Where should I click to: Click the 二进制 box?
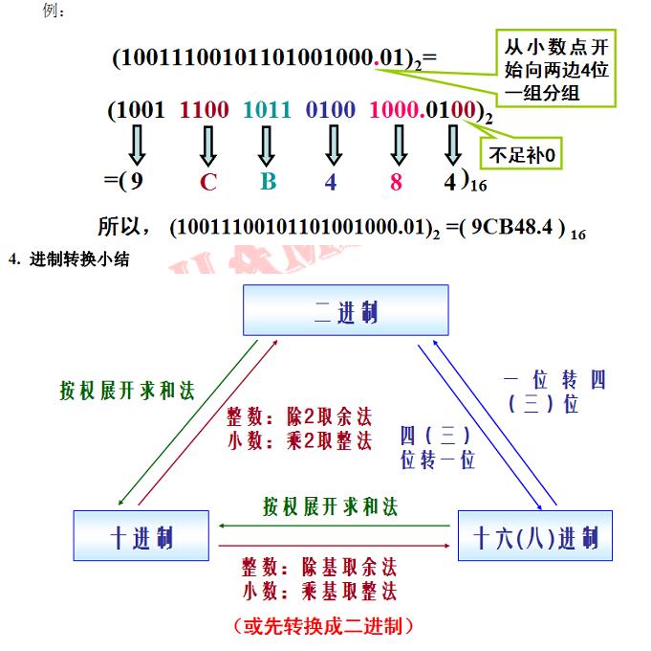[x=345, y=309]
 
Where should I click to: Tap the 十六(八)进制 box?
[x=535, y=534]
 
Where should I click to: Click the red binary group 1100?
[x=204, y=110]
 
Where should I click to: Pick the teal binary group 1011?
[x=267, y=110]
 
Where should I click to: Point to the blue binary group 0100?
[x=331, y=110]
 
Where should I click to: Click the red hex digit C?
[x=208, y=180]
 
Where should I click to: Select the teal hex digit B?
[x=268, y=180]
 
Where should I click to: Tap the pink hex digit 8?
[x=396, y=180]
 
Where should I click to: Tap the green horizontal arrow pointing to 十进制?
[x=334, y=525]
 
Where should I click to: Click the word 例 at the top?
[x=54, y=11]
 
